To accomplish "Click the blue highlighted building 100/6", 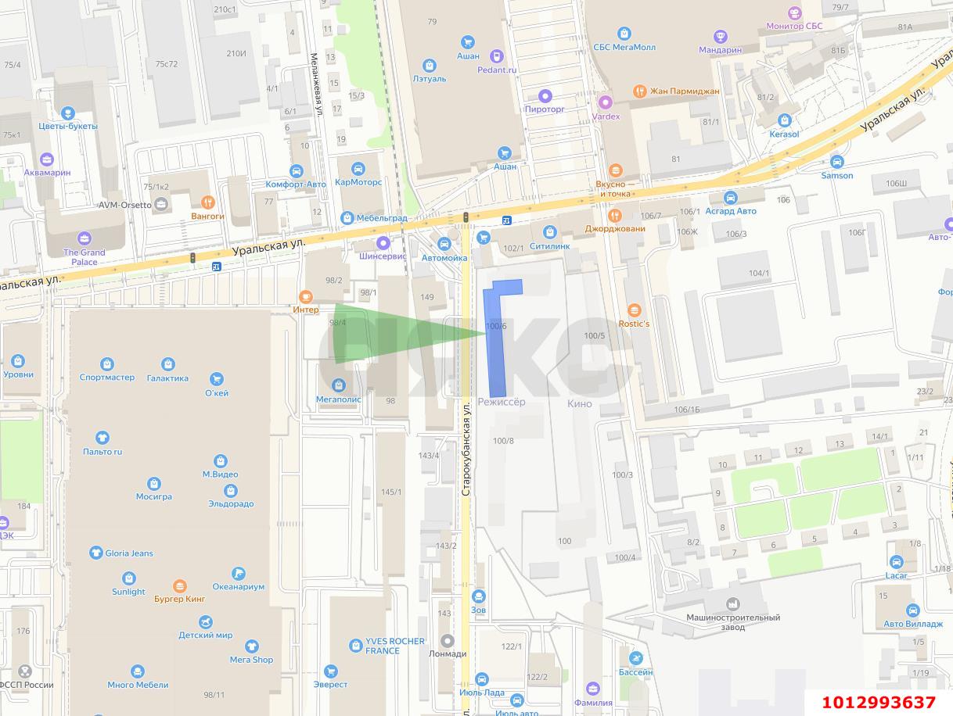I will [496, 344].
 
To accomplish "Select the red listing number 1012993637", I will [879, 702].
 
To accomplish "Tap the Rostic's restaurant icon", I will [634, 310].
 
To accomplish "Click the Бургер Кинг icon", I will [180, 585].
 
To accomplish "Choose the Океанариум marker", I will [239, 574].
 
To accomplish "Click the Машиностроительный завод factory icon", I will [733, 604].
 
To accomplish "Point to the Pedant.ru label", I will [497, 70].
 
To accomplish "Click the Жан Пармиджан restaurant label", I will [685, 91].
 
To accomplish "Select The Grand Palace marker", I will [85, 238].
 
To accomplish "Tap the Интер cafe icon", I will [306, 296].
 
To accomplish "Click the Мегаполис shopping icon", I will [339, 385].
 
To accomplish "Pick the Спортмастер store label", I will [106, 378].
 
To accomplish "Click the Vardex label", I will [606, 116].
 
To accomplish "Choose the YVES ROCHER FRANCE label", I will [395, 646].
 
